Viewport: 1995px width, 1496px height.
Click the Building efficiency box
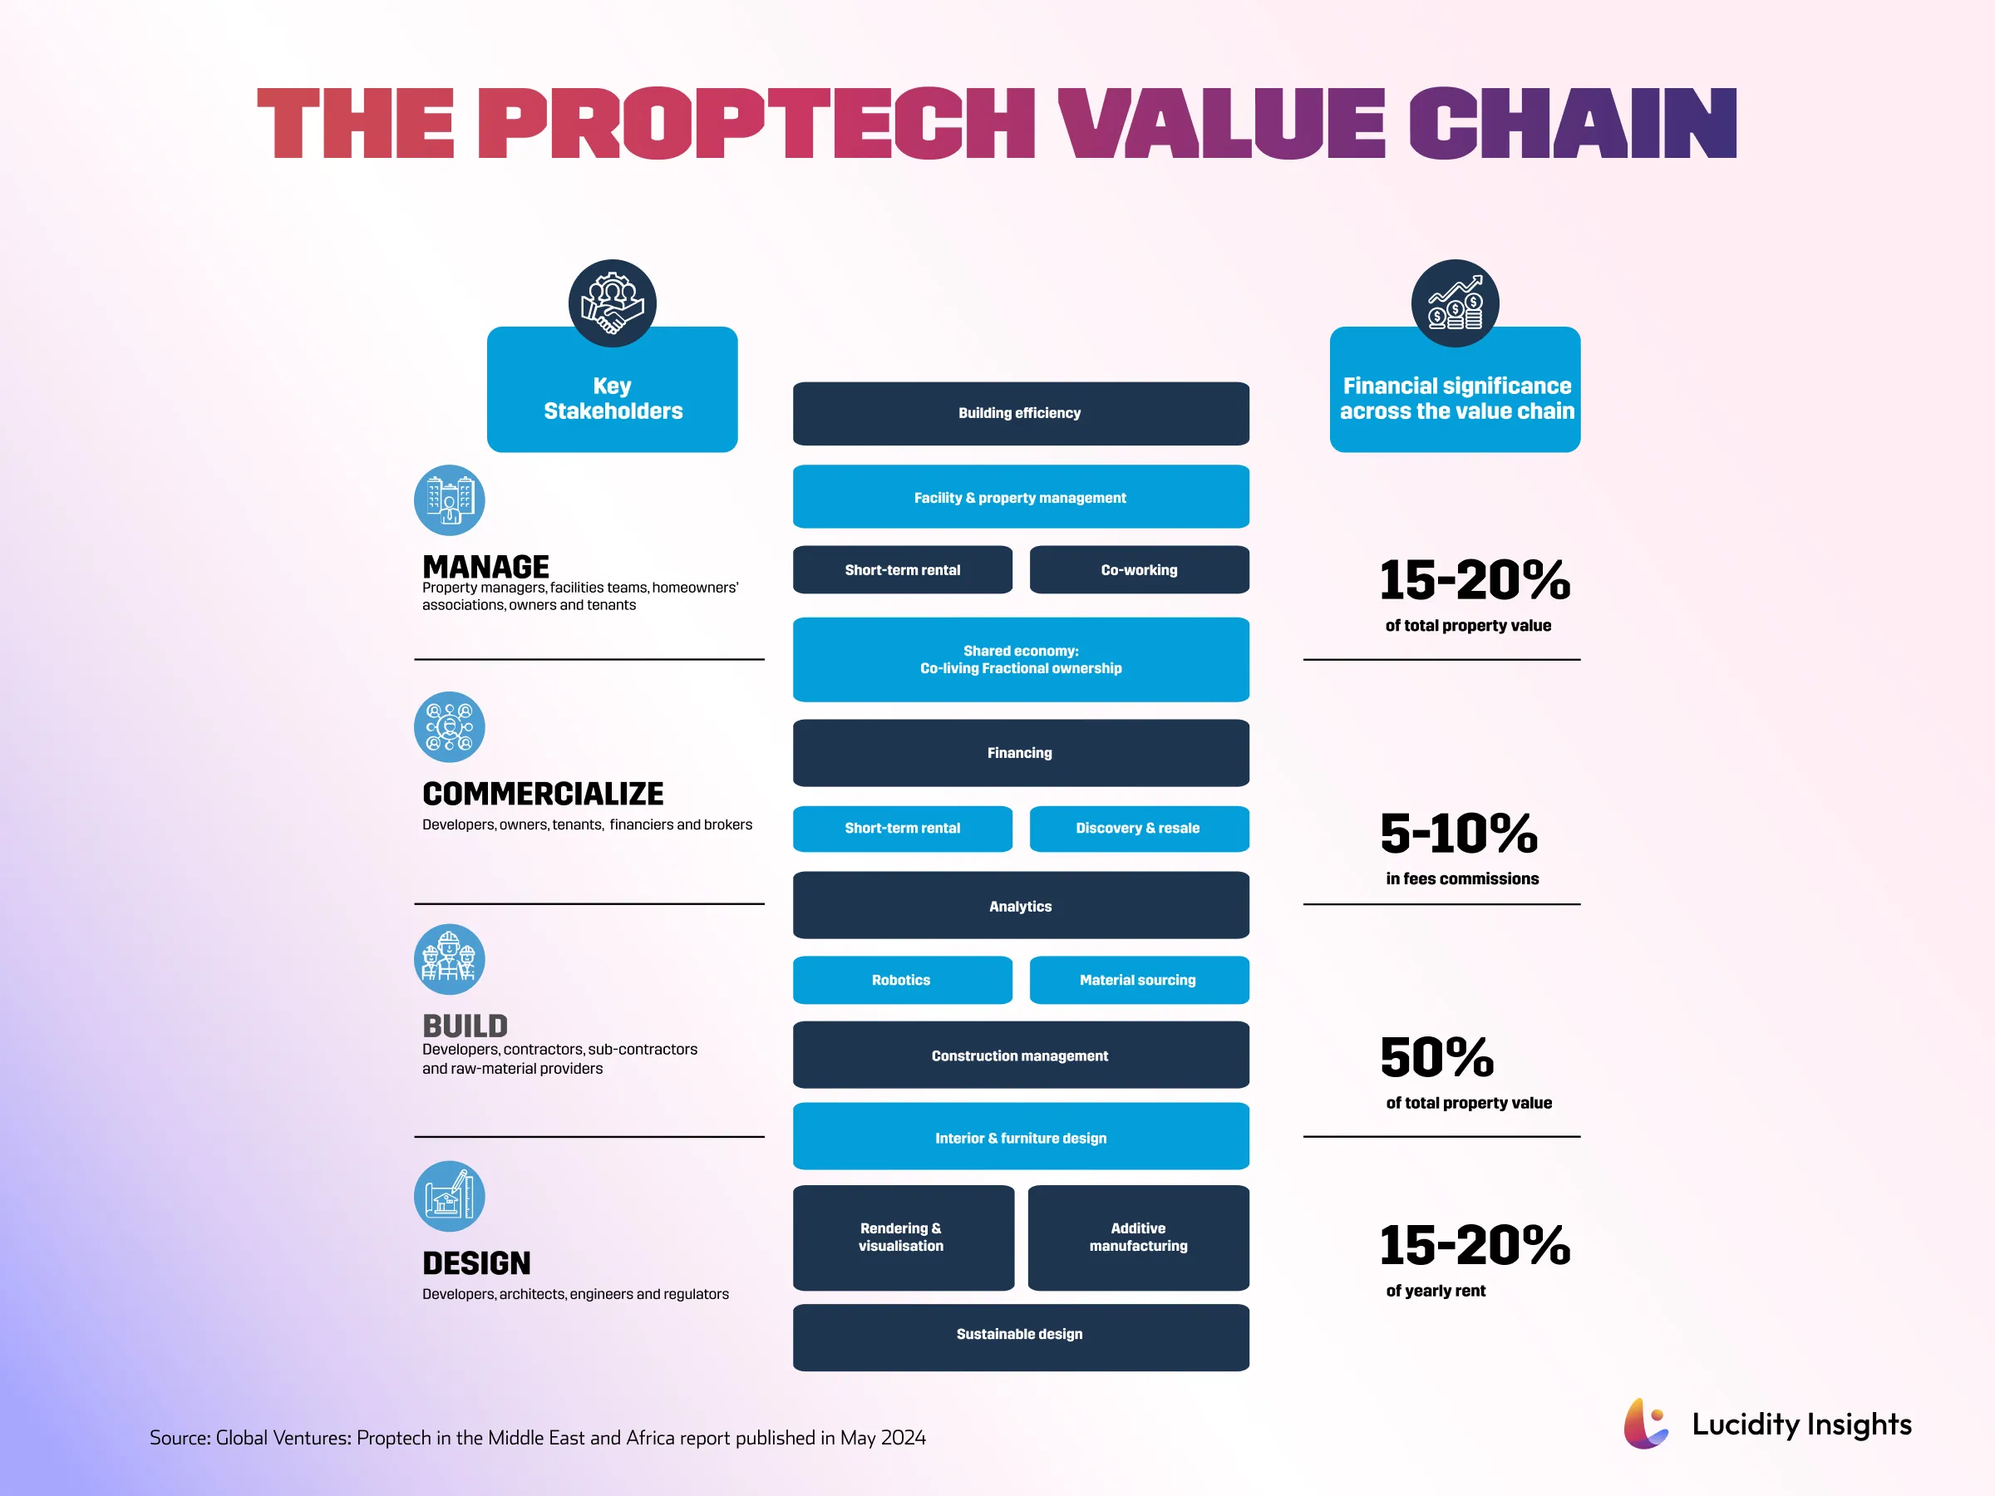[1020, 413]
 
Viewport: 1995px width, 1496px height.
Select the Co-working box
[1138, 570]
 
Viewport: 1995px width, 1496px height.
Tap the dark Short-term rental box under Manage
[902, 570]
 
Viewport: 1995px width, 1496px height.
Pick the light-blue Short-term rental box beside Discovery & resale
[902, 828]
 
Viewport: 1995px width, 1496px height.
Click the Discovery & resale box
[1138, 828]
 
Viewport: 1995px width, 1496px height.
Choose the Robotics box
[902, 979]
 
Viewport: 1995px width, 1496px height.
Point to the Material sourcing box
[1138, 979]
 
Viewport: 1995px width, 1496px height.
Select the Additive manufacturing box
[1138, 1238]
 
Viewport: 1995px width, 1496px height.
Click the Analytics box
[1020, 905]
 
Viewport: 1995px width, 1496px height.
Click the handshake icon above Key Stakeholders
[613, 304]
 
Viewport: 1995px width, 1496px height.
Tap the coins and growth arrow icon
[1455, 304]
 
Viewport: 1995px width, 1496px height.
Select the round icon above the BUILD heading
[449, 959]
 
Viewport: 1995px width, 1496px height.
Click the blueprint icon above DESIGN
[449, 1197]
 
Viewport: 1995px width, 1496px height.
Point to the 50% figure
[1436, 1057]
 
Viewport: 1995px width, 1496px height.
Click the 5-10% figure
[1458, 834]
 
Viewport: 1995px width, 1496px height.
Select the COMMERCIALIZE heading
[542, 794]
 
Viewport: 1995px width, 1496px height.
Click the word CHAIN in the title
[1571, 124]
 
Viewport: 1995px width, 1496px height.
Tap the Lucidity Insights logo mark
[1645, 1424]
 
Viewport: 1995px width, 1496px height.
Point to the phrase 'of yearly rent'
[1435, 1291]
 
